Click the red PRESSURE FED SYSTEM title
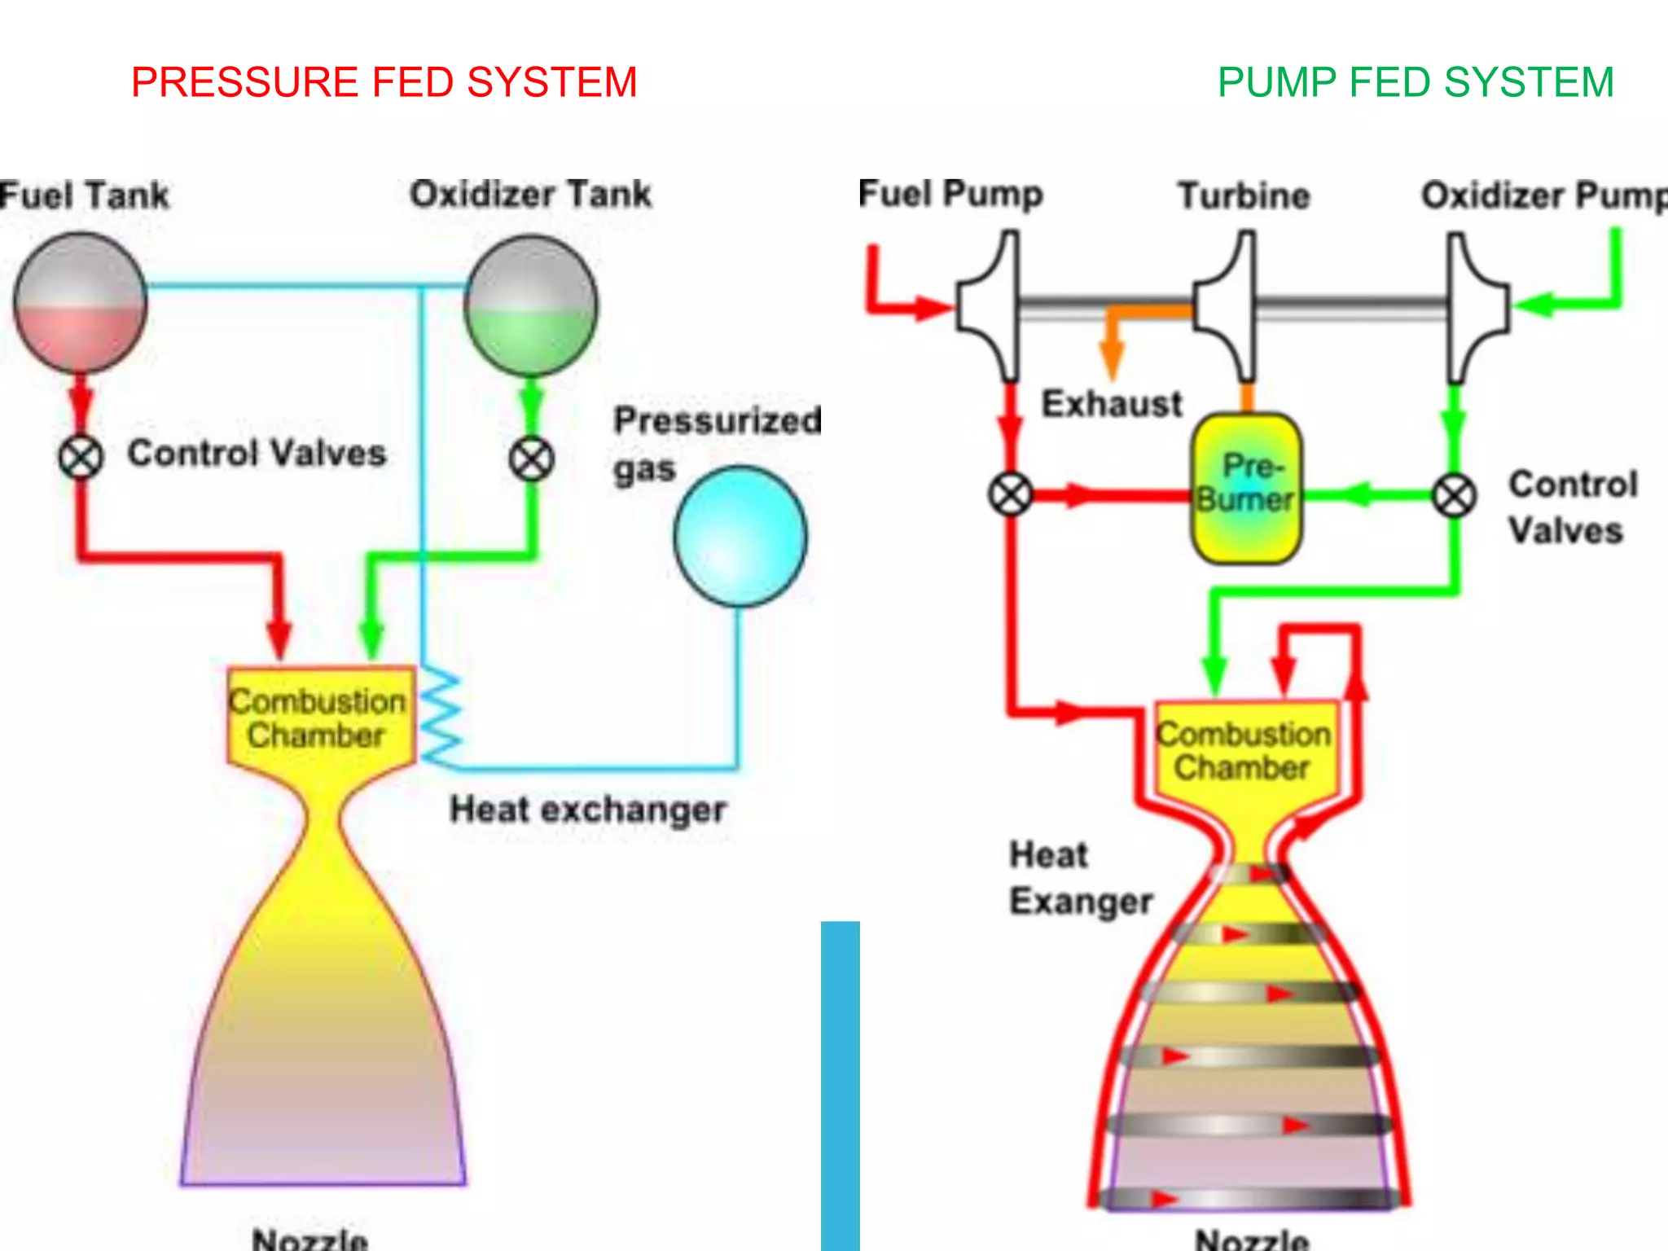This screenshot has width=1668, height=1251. coord(384,82)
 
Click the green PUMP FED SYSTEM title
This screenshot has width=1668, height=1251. coord(1415,82)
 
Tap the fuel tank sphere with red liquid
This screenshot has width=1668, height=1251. coord(80,303)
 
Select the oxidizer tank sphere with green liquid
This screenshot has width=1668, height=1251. coord(531,305)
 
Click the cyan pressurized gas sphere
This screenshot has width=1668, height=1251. coord(740,536)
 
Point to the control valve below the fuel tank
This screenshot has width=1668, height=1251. coord(81,457)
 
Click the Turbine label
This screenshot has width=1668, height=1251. coord(1244,196)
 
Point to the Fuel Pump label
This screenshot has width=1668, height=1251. coord(950,195)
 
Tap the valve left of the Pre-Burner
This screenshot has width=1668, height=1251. coord(1011,494)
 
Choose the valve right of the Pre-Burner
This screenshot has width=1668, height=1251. coord(1454,494)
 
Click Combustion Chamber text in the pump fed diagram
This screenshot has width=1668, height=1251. coord(1243,751)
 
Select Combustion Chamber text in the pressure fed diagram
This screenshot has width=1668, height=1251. coord(317,718)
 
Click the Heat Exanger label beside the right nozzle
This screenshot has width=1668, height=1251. coord(1080,878)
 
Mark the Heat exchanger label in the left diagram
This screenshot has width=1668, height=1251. coord(587,810)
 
